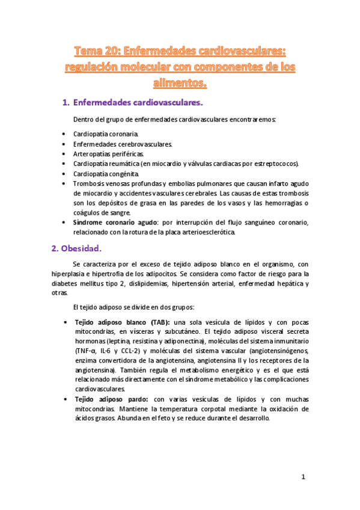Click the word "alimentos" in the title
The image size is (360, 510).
click(x=180, y=83)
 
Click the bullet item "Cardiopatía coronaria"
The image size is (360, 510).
click(x=105, y=134)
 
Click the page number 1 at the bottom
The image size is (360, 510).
click(x=304, y=477)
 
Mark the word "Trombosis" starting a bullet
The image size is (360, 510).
click(x=89, y=183)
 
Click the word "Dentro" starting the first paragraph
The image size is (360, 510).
click(x=84, y=119)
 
